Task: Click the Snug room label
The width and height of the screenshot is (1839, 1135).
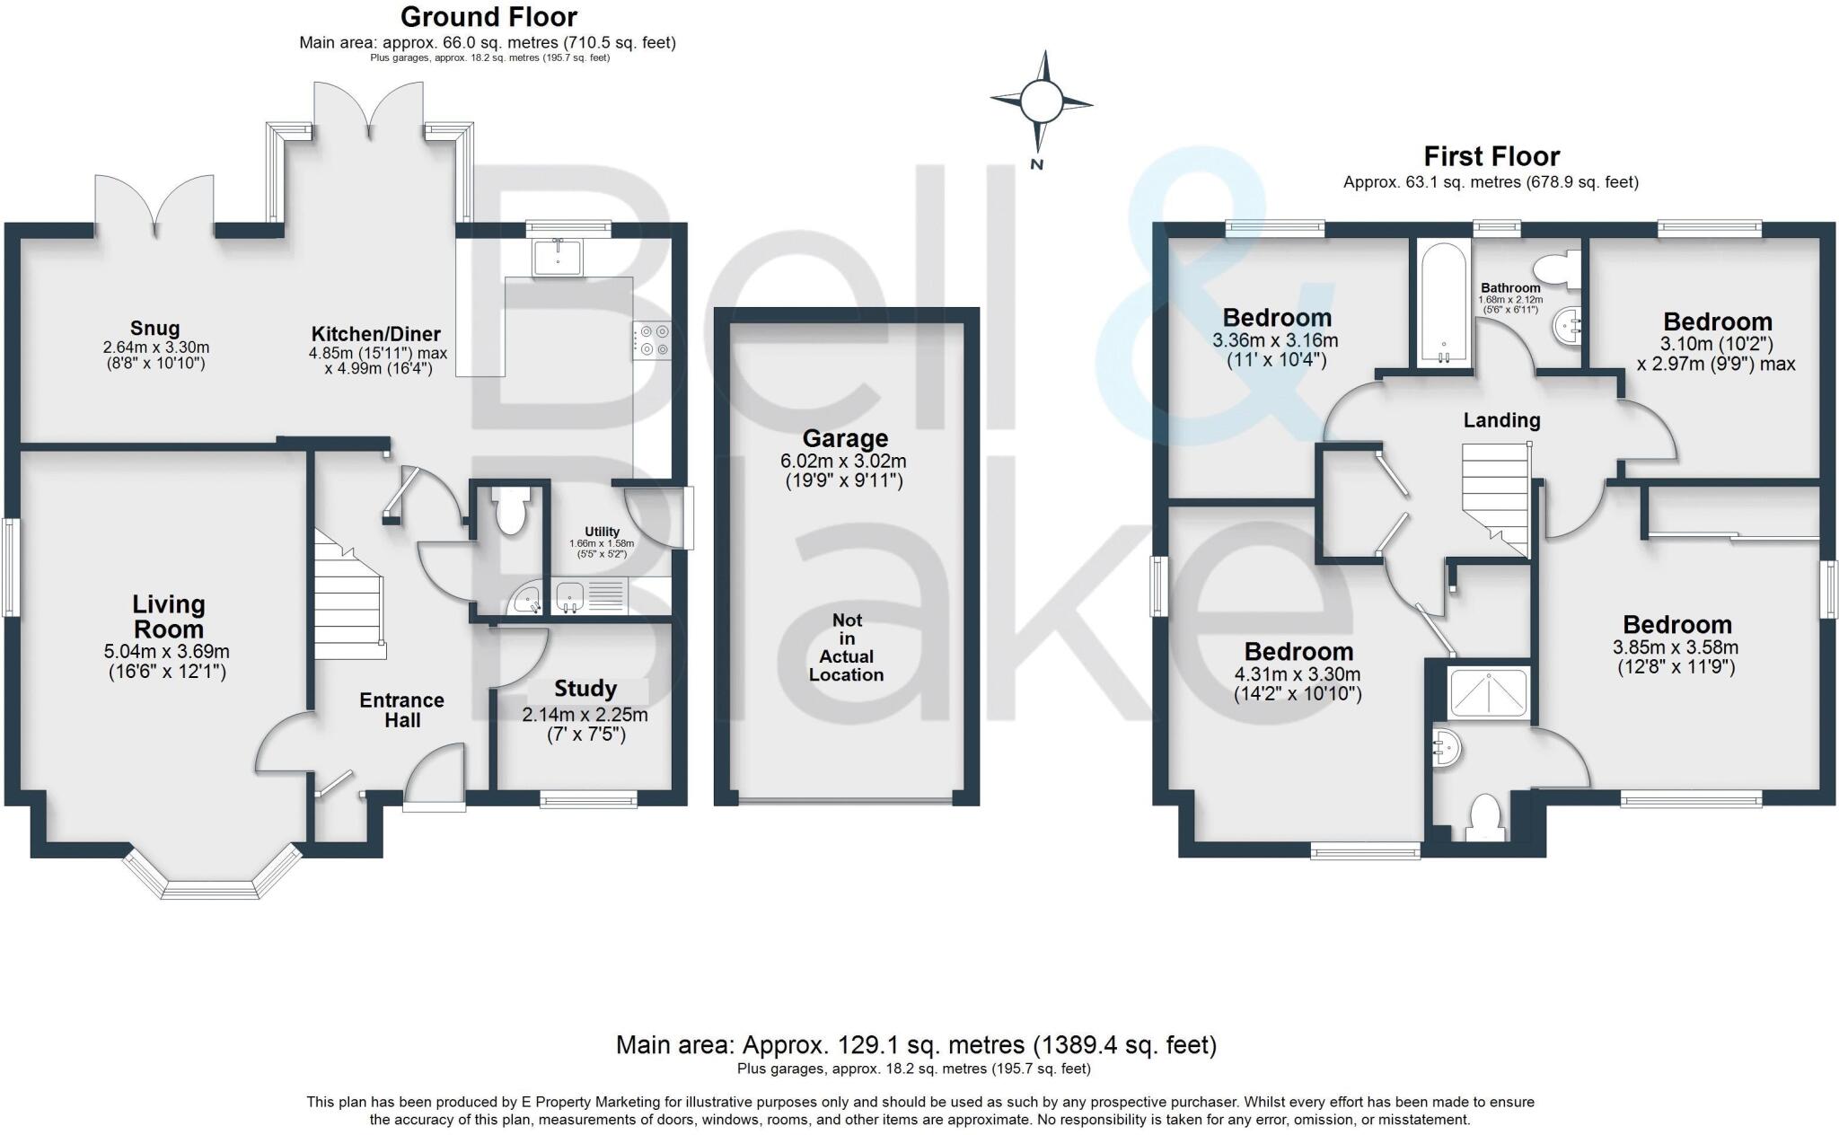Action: point(154,329)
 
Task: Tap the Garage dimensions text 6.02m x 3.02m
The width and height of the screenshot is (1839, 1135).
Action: point(843,462)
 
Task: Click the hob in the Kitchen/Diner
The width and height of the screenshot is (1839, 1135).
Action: point(652,340)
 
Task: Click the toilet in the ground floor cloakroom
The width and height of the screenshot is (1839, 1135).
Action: point(510,513)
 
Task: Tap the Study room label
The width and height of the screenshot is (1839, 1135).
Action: point(585,690)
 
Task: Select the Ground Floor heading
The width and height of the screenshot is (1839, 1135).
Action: point(488,17)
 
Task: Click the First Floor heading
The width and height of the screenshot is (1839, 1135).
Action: point(1491,157)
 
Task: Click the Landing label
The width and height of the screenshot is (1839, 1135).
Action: point(1501,420)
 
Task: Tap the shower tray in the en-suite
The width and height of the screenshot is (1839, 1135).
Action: point(1489,695)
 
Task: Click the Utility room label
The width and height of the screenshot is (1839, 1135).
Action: point(602,532)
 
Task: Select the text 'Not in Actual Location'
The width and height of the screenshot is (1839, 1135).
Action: point(846,647)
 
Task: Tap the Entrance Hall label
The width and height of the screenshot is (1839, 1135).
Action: point(401,710)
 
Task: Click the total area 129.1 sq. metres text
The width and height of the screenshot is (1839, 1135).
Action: point(916,1045)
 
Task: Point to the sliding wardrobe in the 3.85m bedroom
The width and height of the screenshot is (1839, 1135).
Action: point(1733,513)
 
